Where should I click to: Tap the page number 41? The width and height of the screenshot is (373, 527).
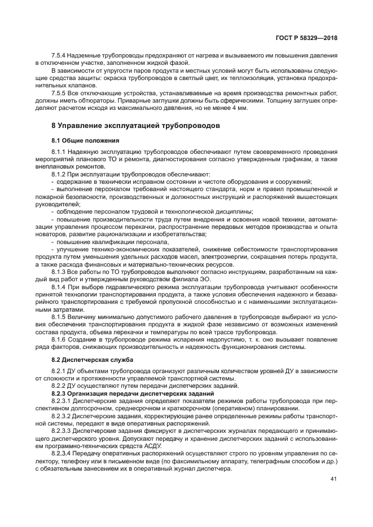click(x=333, y=479)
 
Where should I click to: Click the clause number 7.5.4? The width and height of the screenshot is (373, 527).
click(x=59, y=56)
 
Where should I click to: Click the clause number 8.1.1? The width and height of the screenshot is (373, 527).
click(x=59, y=153)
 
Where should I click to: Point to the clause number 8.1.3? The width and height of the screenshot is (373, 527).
click(x=59, y=270)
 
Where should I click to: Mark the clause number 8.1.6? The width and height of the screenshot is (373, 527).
click(x=59, y=340)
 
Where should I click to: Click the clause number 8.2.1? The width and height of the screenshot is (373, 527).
click(x=59, y=371)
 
